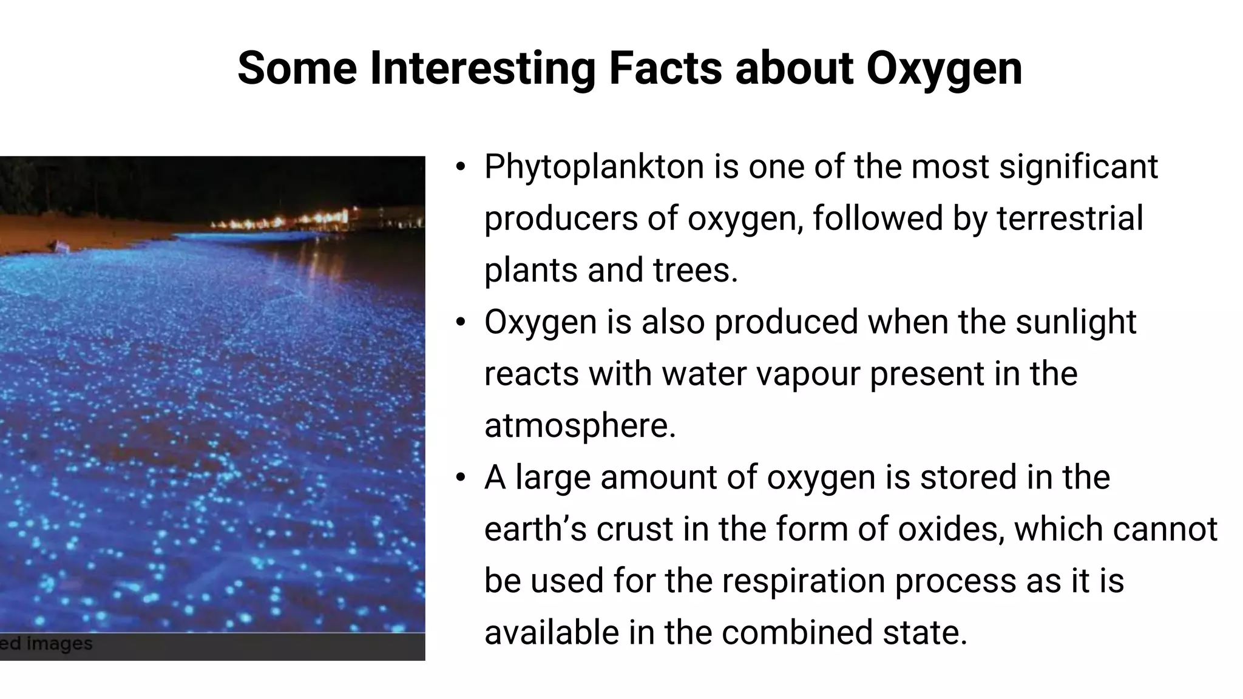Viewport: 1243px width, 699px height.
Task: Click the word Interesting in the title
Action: click(483, 68)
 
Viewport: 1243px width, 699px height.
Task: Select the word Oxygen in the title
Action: click(944, 68)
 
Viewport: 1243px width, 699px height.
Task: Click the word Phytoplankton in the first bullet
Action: click(594, 167)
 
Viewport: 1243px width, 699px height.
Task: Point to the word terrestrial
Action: click(1069, 218)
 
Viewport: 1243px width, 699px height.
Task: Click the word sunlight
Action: click(1075, 322)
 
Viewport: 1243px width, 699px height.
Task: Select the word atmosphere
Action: click(580, 425)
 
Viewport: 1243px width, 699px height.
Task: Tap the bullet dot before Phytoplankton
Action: click(461, 167)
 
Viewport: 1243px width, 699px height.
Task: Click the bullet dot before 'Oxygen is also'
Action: click(461, 322)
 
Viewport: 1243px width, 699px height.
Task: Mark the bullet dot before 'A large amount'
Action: click(461, 478)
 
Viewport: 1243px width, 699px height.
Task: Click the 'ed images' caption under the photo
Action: click(46, 644)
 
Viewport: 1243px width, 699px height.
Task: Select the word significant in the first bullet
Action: click(1078, 167)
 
